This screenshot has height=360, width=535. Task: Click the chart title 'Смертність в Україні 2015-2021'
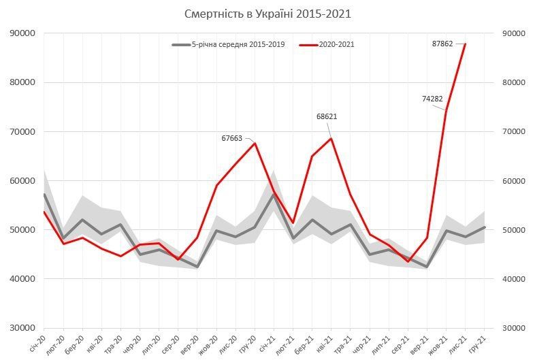(268, 14)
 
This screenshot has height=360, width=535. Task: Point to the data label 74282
(432, 99)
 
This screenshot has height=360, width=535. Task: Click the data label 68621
(327, 116)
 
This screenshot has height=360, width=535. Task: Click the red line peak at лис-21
(465, 44)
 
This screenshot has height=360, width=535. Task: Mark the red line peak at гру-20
(255, 143)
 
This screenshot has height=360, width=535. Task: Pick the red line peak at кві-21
(331, 139)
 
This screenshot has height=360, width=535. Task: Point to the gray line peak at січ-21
(274, 195)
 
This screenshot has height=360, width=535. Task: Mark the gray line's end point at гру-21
(484, 227)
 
